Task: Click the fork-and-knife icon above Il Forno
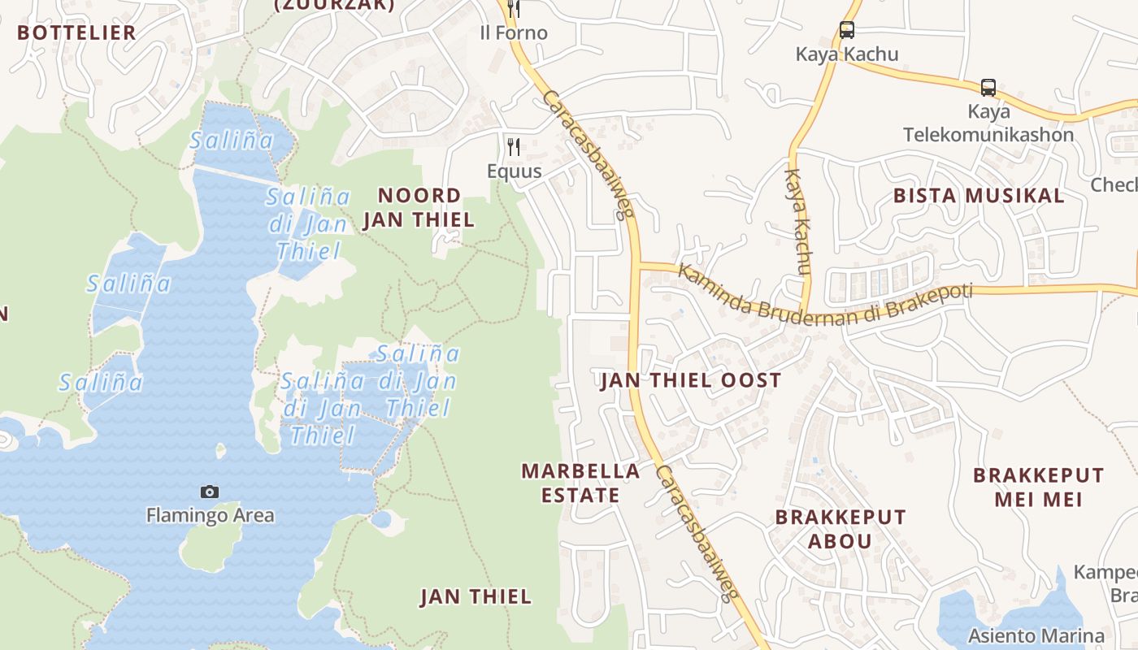514,9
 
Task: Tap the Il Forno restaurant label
514,33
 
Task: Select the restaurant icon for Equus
514,147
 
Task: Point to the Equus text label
514,171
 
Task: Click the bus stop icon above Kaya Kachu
847,31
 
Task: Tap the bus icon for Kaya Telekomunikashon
988,88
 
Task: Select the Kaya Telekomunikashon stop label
988,123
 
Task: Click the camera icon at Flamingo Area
210,492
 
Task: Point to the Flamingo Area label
210,515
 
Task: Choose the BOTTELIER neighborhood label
76,32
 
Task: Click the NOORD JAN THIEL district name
419,207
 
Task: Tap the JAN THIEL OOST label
691,380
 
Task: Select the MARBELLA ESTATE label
580,483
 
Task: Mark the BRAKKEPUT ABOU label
840,529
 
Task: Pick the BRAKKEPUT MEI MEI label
1039,487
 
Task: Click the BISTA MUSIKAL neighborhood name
979,196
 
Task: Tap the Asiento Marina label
1036,635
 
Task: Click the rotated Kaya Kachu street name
799,222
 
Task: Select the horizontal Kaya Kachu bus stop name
847,54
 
